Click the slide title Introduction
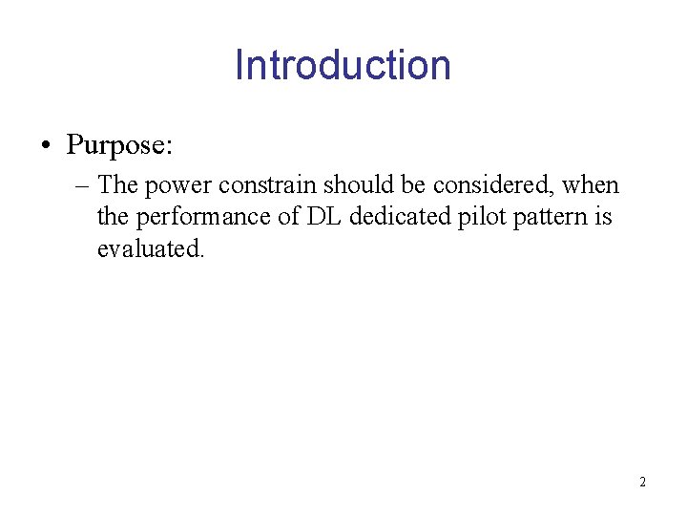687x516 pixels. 343,65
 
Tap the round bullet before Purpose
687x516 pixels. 45,146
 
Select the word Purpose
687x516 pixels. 117,145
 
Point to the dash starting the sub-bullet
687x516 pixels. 82,184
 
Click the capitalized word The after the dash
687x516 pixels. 118,184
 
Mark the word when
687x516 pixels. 592,184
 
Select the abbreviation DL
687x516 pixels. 323,217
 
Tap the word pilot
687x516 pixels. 481,217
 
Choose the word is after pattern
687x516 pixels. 603,217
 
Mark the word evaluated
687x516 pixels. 151,249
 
